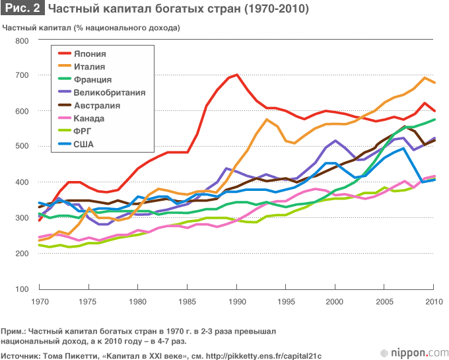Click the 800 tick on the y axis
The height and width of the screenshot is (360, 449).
point(22,41)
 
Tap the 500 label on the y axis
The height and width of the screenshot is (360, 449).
point(22,147)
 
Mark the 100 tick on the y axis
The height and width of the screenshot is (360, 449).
point(22,289)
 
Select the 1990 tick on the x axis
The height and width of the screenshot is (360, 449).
point(236,302)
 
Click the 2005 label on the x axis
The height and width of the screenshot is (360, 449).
point(384,302)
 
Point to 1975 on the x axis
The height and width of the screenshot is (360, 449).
point(88,302)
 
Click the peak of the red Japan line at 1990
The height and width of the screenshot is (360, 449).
point(236,75)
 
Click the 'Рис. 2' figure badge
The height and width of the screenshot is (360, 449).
point(22,10)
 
